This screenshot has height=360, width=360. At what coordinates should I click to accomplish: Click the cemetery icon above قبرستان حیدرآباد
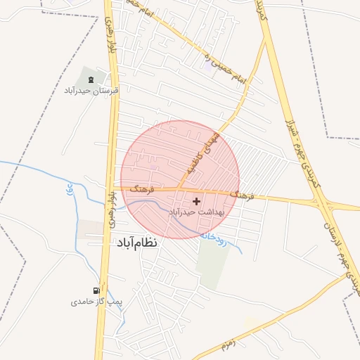(x=91, y=79)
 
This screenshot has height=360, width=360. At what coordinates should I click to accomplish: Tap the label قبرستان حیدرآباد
(x=91, y=91)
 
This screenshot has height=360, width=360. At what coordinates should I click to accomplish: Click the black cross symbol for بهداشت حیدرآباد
(x=195, y=201)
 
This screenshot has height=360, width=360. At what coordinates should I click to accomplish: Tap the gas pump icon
(x=96, y=290)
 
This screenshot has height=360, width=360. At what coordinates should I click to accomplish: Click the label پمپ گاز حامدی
(x=96, y=302)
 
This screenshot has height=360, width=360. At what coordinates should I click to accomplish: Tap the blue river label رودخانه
(x=215, y=233)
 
